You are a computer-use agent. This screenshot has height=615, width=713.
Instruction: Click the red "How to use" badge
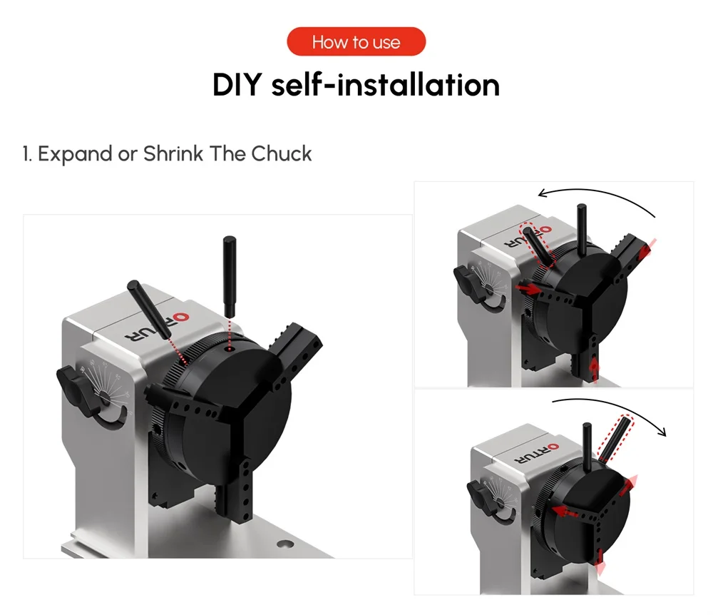click(356, 42)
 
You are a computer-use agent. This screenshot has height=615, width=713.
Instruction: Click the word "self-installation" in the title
click(386, 85)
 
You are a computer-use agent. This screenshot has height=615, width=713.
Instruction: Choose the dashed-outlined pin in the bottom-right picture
click(614, 437)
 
